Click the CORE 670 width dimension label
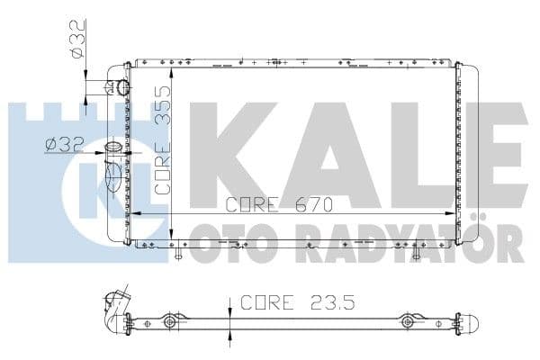[279, 205]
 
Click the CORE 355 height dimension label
[163, 139]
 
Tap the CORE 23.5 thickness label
[298, 302]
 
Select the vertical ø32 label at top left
[76, 39]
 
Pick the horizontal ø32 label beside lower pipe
[65, 145]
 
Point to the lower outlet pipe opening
[113, 148]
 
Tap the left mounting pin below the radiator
[178, 253]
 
